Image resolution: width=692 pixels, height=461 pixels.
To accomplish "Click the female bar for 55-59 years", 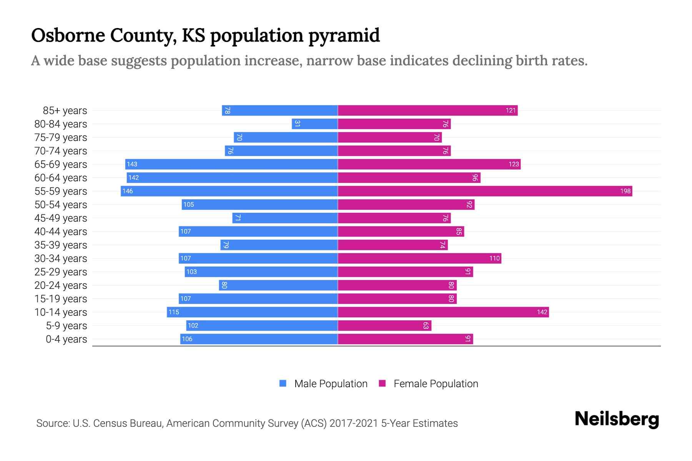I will pyautogui.click(x=484, y=191).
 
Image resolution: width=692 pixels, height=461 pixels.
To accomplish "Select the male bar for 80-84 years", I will pyautogui.click(x=314, y=124).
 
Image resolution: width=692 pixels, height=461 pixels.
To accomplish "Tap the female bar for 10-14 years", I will pyautogui.click(x=443, y=312).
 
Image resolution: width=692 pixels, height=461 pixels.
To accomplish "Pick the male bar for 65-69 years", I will pyautogui.click(x=231, y=164).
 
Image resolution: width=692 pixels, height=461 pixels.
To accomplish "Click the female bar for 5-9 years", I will pyautogui.click(x=384, y=325).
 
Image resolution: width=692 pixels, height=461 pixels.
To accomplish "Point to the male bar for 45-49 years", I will pyautogui.click(x=285, y=218).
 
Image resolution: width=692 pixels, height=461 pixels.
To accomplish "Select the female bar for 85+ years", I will pyautogui.click(x=428, y=110).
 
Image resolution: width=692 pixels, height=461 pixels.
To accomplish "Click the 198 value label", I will pyautogui.click(x=625, y=191).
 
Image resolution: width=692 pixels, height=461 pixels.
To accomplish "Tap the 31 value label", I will pyautogui.click(x=297, y=124).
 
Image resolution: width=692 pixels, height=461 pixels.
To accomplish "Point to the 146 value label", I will pyautogui.click(x=128, y=191).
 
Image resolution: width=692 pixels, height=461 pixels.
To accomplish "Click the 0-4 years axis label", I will pyautogui.click(x=66, y=339).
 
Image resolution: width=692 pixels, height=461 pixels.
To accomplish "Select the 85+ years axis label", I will pyautogui.click(x=65, y=111).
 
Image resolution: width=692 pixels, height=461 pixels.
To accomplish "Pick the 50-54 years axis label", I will pyautogui.click(x=61, y=205).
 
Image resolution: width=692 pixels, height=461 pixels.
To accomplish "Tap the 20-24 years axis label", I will pyautogui.click(x=61, y=285).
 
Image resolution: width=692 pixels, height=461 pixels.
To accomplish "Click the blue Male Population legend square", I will pyautogui.click(x=283, y=383).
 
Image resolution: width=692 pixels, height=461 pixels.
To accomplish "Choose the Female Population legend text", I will pyautogui.click(x=436, y=383).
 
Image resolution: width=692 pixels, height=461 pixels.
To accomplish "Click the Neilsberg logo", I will pyautogui.click(x=616, y=419).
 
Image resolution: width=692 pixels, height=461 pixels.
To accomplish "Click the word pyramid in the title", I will pyautogui.click(x=344, y=35).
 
